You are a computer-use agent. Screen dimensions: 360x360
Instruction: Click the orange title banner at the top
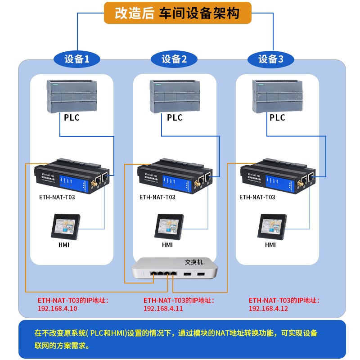click(x=177, y=13)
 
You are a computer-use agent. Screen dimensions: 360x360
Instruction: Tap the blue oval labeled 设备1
click(x=76, y=59)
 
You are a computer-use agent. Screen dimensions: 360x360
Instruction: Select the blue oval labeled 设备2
click(x=174, y=59)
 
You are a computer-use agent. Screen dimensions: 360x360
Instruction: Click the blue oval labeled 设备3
click(x=271, y=59)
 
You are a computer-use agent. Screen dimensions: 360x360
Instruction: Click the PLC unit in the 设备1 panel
click(x=72, y=95)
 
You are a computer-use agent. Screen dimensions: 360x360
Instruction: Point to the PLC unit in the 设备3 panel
click(x=277, y=95)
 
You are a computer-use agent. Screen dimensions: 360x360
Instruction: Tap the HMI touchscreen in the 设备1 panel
click(x=66, y=227)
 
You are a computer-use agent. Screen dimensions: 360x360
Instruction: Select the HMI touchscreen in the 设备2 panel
click(x=169, y=227)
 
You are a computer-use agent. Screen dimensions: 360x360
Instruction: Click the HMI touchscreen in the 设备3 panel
click(x=272, y=227)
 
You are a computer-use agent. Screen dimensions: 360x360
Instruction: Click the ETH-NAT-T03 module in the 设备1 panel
click(x=72, y=176)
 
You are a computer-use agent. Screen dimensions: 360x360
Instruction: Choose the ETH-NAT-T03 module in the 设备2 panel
click(x=175, y=176)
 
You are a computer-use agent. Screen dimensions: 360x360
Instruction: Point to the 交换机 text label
click(x=194, y=261)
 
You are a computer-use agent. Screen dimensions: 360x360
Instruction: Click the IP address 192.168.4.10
click(x=57, y=309)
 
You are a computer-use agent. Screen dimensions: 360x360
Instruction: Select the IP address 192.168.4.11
click(x=163, y=309)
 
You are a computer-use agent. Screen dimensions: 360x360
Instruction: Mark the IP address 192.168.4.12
click(x=268, y=309)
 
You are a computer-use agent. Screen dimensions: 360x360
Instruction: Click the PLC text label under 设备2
click(x=175, y=118)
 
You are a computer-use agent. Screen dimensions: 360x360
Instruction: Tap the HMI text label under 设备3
click(x=270, y=245)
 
